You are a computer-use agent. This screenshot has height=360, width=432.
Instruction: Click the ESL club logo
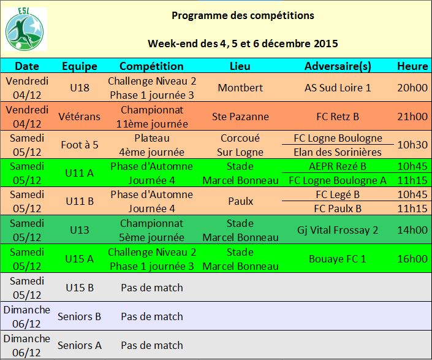pos(25,29)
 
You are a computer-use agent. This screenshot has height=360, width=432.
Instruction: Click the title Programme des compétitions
pos(243,15)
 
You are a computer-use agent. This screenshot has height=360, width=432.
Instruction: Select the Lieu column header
pos(240,66)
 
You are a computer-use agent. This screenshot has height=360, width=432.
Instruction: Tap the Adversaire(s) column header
pos(338,66)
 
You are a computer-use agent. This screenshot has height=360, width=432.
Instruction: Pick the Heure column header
pos(412,66)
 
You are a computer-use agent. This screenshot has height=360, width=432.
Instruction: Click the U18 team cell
pos(80,88)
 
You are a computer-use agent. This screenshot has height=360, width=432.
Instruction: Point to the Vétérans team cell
pos(79,117)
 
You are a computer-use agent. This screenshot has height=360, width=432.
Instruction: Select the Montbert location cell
pos(240,88)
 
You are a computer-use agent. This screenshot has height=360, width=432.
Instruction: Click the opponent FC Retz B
pos(338,117)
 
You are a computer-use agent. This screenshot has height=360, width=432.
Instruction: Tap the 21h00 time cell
pos(412,117)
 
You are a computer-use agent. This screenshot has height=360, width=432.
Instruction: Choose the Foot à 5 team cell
pos(80,145)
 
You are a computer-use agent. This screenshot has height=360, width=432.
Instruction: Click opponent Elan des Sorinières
pos(338,152)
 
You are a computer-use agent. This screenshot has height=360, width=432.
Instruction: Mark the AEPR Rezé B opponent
pos(338,166)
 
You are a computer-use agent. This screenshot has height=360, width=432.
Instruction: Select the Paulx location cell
pos(241,201)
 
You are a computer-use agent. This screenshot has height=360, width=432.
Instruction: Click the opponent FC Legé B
pos(338,194)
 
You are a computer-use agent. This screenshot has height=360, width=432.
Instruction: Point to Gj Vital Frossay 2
pos(338,230)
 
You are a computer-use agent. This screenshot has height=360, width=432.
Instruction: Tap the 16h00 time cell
pos(412,259)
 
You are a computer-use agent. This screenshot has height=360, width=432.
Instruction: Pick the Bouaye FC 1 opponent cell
pos(338,259)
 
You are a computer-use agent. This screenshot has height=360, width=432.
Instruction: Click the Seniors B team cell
pos(79,316)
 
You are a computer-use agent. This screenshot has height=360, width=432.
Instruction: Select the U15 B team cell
pos(80,288)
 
